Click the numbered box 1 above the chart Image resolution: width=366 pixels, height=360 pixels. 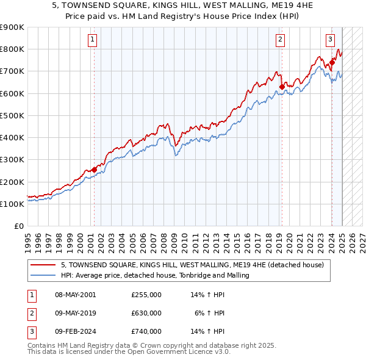pos(92,40)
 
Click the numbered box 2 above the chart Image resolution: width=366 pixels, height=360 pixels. pos(280,40)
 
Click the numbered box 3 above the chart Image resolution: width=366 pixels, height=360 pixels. pos(330,40)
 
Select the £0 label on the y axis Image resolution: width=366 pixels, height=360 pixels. pos(20,226)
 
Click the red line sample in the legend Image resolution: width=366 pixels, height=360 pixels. pos(43,265)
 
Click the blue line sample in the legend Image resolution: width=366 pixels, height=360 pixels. pos(43,276)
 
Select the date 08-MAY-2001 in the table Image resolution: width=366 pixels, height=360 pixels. pos(76,295)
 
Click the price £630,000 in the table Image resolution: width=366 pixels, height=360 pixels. pos(146,313)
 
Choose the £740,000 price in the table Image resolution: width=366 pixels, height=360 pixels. pos(146,331)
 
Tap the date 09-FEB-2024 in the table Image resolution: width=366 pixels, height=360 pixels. pos(76,331)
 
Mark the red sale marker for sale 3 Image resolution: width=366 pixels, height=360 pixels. pos(332,62)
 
